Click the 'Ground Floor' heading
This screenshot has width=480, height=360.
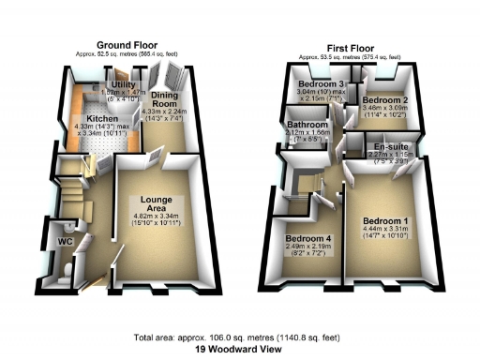click(129, 44)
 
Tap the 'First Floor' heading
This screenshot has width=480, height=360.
click(352, 47)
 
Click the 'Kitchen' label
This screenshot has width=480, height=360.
click(102, 119)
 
